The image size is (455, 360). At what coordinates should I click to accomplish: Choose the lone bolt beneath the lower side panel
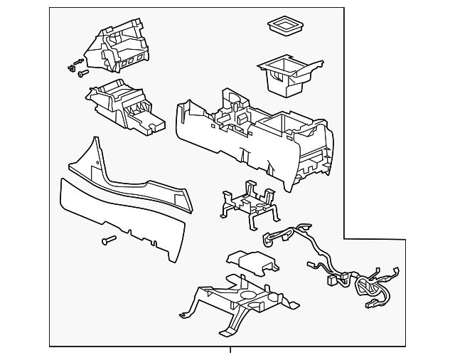coord(109,240)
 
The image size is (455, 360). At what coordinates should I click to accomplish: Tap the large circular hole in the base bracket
coord(250,293)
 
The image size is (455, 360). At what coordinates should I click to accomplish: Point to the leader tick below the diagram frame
coord(230,350)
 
